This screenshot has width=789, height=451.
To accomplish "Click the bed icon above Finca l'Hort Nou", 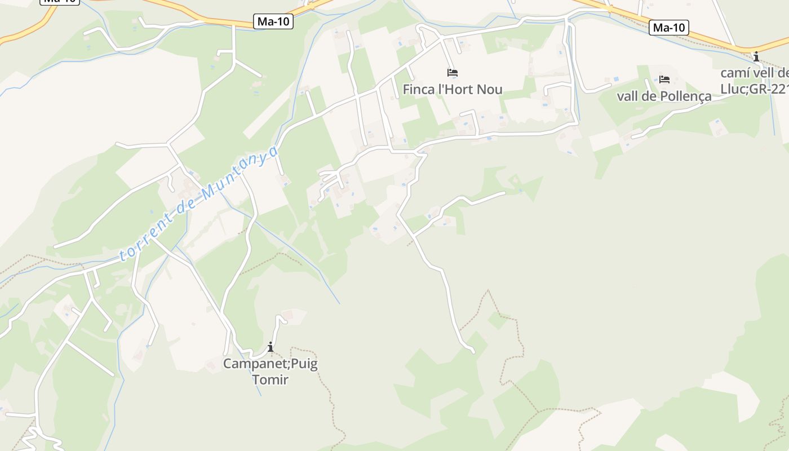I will tap(453, 73).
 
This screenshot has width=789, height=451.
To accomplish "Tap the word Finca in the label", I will tap(419, 90).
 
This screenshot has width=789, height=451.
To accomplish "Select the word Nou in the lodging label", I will tap(489, 90).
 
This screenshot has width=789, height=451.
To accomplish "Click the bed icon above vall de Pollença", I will tap(664, 79).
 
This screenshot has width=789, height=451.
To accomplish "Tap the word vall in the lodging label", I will tap(627, 96).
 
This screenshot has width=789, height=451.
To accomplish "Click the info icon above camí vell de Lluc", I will tap(756, 56).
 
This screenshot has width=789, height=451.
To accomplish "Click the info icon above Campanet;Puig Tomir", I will tap(271, 347).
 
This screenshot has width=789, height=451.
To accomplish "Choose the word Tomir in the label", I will tap(271, 380).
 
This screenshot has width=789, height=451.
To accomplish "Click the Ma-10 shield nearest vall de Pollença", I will tap(669, 27).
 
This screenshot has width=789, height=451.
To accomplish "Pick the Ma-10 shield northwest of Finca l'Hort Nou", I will tap(273, 21).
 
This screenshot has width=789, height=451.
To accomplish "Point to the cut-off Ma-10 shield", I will tap(60, 2).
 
